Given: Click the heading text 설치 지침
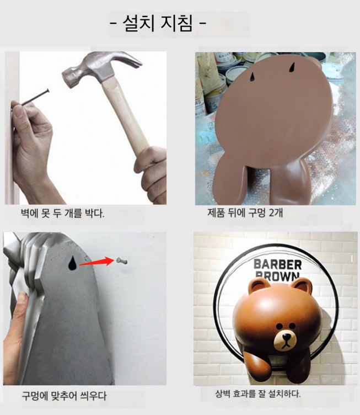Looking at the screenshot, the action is coord(158,24).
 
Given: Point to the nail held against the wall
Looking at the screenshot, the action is coord(35,97).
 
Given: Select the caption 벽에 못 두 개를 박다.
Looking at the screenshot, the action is coord(63,214).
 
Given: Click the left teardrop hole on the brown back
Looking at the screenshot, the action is coord(252,77).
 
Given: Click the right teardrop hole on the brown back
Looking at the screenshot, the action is coord(292,67).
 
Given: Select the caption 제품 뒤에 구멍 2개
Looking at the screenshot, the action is coord(245,212).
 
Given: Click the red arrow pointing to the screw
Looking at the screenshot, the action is coord(96,262).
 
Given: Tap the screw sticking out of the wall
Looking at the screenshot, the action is coord(122,261).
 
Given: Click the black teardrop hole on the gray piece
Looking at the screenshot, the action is coord(72,263).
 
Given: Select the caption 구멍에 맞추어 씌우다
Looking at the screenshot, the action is coord(64,396).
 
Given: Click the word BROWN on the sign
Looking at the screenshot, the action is coord(277,276).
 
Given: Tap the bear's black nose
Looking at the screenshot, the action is coord(286,337).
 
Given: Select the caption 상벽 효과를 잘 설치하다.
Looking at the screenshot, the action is coord(258,394).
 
